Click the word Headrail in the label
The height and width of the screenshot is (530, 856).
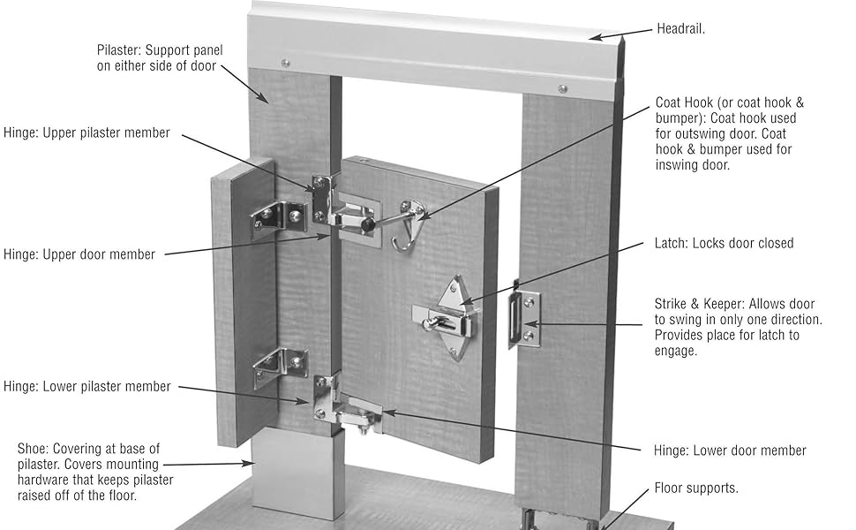(x=680, y=29)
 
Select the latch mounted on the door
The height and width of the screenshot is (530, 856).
(x=448, y=319)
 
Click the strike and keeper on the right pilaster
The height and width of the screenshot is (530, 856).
(x=524, y=319)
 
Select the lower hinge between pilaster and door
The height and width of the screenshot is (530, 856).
(x=346, y=406)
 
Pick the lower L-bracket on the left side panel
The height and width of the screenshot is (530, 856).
(x=281, y=367)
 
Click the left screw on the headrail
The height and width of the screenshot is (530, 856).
(x=284, y=63)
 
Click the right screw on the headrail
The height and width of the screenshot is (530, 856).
(x=562, y=88)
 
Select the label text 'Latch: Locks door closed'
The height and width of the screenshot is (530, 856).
(x=724, y=243)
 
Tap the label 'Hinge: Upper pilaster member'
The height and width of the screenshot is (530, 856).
(x=86, y=132)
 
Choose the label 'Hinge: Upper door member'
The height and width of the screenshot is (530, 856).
(x=79, y=254)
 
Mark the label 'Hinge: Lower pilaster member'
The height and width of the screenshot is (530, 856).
(x=86, y=386)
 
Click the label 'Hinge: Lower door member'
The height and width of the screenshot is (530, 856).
(x=730, y=450)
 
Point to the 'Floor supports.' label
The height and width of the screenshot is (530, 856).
(x=696, y=488)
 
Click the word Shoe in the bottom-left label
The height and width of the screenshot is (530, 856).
(x=33, y=449)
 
